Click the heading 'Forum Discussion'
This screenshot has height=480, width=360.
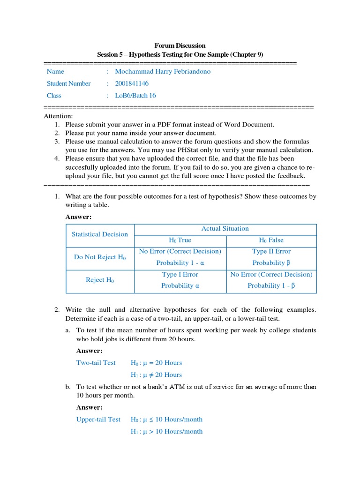[180, 45]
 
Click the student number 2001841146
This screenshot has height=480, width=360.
[132, 83]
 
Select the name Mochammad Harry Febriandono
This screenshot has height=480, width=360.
[163, 72]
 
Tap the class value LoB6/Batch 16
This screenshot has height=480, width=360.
[135, 95]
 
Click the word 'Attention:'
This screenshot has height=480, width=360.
[58, 116]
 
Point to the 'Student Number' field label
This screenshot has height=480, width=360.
[68, 83]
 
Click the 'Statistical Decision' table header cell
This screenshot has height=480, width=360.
[99, 234]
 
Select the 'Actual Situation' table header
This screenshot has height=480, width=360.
[225, 229]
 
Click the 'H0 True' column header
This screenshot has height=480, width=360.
[180, 240]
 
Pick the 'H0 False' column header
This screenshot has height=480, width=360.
[271, 240]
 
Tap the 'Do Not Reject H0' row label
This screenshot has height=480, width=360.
[100, 257]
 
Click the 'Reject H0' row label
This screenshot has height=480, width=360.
[100, 280]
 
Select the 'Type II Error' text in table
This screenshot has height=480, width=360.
[271, 251]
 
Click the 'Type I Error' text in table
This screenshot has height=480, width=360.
[180, 275]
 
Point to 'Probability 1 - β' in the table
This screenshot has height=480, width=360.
[271, 286]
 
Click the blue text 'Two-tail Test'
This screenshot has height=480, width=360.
[96, 363]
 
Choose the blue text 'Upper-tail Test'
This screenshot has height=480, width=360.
[98, 420]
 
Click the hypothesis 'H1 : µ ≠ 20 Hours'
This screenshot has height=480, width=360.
[156, 375]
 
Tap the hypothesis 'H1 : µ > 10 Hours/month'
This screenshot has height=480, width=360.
[166, 431]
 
